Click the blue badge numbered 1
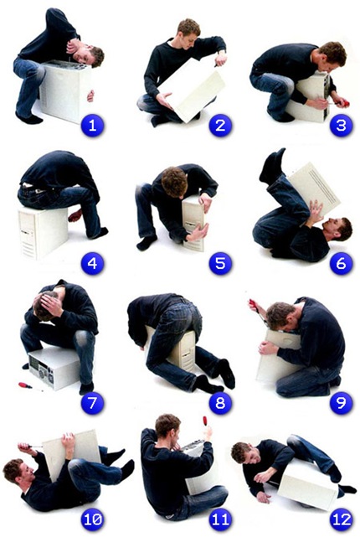coord(92,126)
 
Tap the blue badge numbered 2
coord(220,126)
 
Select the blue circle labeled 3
coord(341,126)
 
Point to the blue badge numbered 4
coord(92,264)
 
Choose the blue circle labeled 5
coord(220,264)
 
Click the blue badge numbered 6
coord(341,264)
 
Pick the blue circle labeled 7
coord(92,403)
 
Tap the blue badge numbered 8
coord(220,403)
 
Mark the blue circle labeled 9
coord(341,403)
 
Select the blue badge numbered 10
coord(92,519)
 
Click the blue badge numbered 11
coord(220,519)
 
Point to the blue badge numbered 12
coord(341,519)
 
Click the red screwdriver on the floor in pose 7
coord(27,385)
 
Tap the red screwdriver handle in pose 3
coord(344,102)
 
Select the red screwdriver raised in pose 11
coord(206,422)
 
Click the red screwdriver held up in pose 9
coord(256,307)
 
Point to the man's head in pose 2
coord(188,33)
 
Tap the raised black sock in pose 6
coord(272,166)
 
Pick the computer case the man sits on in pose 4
coord(44,232)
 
